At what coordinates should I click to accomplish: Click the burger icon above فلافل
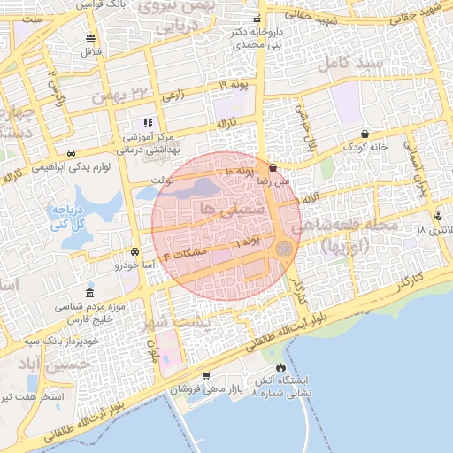pyautogui.click(x=91, y=38)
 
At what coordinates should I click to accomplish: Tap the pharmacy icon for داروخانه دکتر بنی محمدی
pyautogui.click(x=257, y=19)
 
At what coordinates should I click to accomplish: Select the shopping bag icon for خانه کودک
pyautogui.click(x=365, y=134)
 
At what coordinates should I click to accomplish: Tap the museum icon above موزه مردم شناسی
pyautogui.click(x=89, y=293)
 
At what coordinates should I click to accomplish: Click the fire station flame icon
pyautogui.click(x=280, y=367)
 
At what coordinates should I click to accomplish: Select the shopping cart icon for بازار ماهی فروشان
pyautogui.click(x=205, y=376)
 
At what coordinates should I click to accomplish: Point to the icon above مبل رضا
pyautogui.click(x=273, y=166)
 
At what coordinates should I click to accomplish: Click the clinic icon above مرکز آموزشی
pyautogui.click(x=147, y=123)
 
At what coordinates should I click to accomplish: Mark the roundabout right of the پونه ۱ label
pyautogui.click(x=283, y=250)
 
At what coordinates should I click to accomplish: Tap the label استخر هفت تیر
pyautogui.click(x=34, y=395)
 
